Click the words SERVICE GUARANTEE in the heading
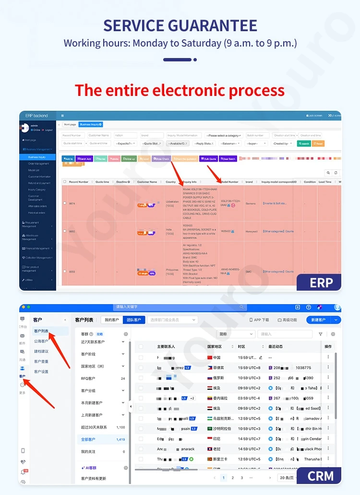click(x=180, y=25)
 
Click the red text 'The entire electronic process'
click(x=180, y=90)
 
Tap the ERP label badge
click(x=321, y=283)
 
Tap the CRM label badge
click(x=320, y=476)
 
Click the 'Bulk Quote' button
click(x=208, y=159)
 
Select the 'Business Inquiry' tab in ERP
click(x=91, y=125)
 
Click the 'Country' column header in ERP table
click(x=170, y=182)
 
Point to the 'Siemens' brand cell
click(x=250, y=203)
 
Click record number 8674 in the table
click(x=72, y=203)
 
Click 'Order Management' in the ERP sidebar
click(x=38, y=164)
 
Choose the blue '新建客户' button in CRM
click(x=319, y=320)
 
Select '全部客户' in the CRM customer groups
click(x=88, y=439)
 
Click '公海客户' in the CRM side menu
click(x=41, y=342)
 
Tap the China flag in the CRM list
click(x=209, y=357)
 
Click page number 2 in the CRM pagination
click(x=233, y=478)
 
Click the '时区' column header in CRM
click(x=242, y=346)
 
